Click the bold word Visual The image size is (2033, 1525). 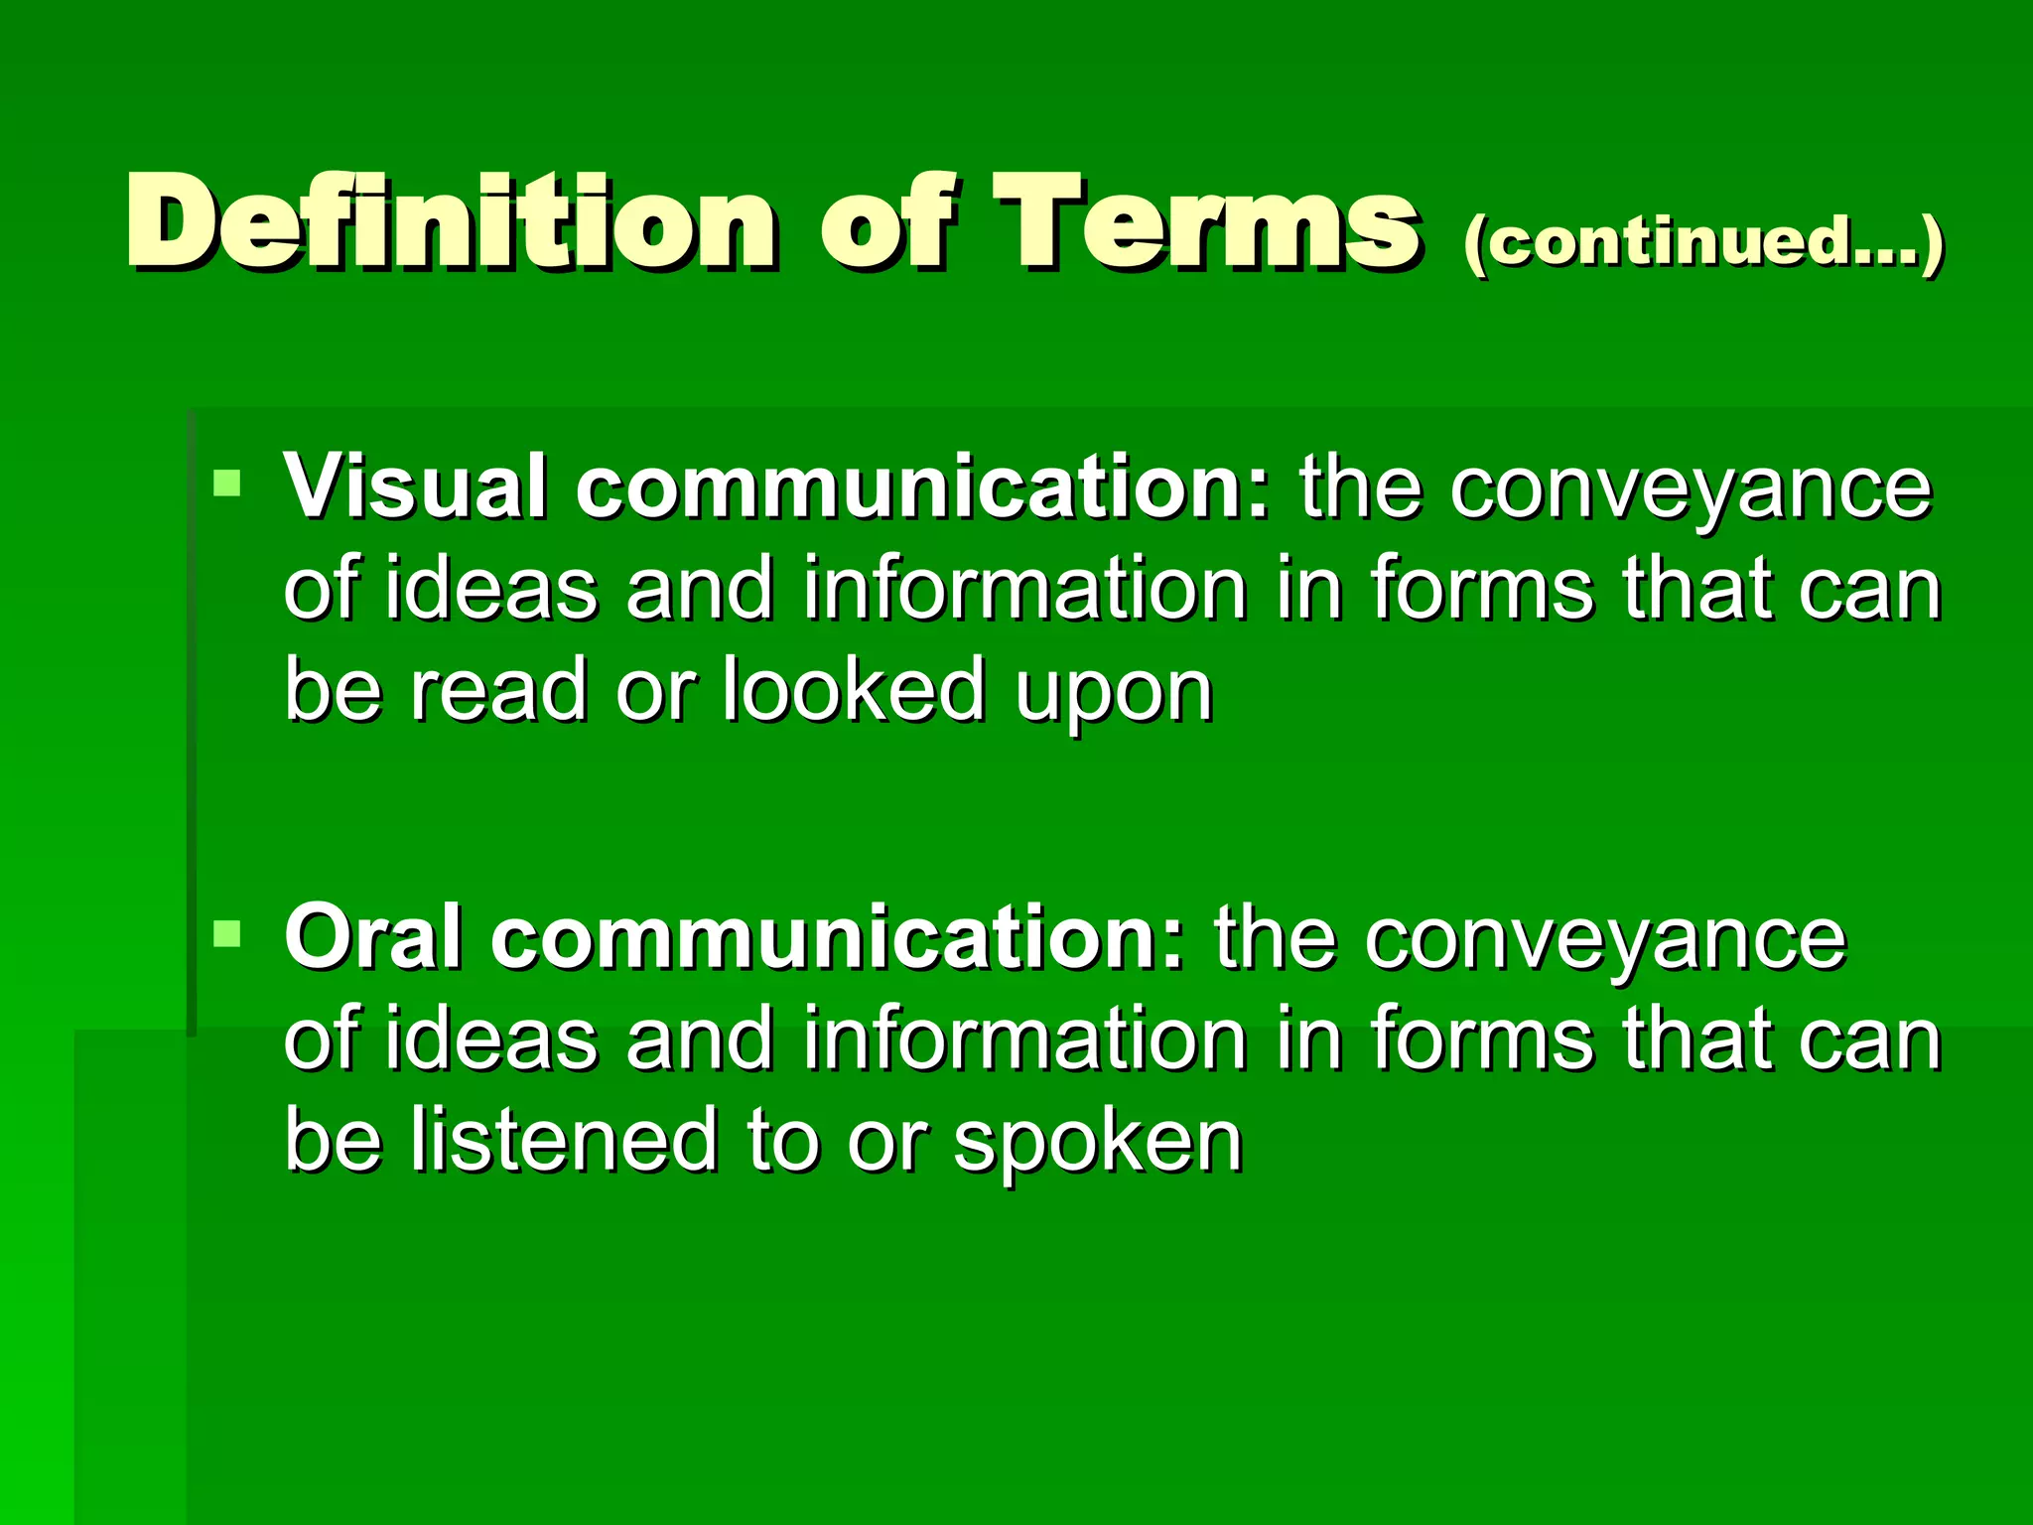coord(413,485)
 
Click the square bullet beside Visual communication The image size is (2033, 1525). coord(227,484)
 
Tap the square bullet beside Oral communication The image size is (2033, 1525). coord(227,933)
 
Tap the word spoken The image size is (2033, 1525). coord(1098,1142)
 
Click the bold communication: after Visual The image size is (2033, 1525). coord(923,485)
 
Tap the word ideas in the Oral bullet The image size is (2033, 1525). coord(491,1039)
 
